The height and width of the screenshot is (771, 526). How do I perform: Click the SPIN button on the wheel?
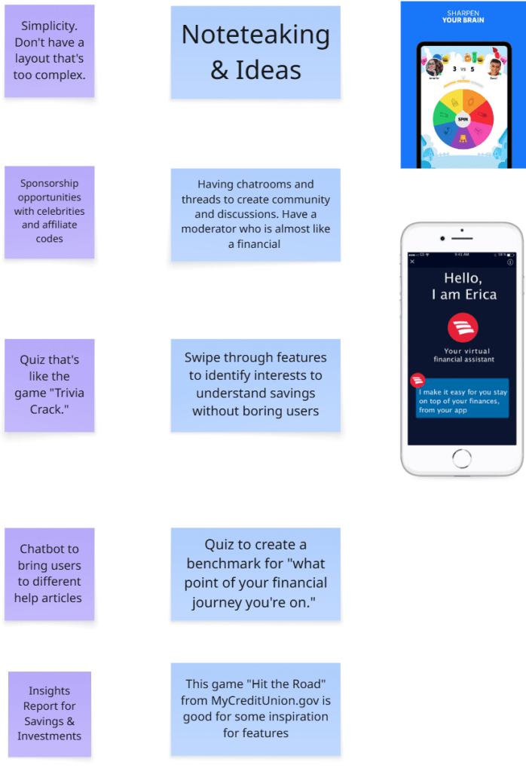pyautogui.click(x=463, y=118)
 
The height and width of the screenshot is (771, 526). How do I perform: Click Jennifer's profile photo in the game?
pyautogui.click(x=434, y=66)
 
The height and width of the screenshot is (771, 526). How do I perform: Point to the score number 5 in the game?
pyautogui.click(x=473, y=69)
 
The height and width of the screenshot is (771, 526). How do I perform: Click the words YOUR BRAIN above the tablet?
pyautogui.click(x=463, y=20)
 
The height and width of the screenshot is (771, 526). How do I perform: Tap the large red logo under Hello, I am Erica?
pyautogui.click(x=463, y=328)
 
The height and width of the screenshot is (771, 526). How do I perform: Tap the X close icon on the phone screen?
pyautogui.click(x=412, y=262)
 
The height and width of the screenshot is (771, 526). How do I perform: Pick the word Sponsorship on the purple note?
pyautogui.click(x=49, y=183)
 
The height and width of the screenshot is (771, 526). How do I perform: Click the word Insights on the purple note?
pyautogui.click(x=49, y=690)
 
